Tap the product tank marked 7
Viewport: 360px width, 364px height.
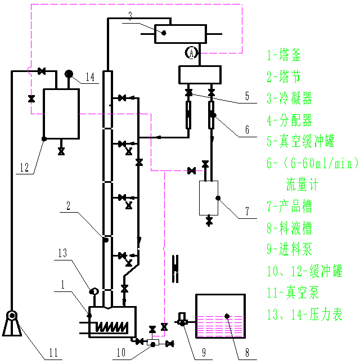(209, 197)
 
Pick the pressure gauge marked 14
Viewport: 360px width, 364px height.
(69, 74)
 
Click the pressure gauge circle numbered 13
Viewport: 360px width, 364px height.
(94, 291)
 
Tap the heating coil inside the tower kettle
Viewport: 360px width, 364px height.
(111, 325)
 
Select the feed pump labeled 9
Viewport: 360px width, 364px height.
(182, 321)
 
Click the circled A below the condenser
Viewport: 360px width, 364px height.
(192, 53)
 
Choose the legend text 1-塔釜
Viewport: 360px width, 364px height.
(284, 55)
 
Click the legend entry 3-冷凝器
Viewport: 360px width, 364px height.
(289, 99)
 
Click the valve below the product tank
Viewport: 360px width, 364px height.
(209, 220)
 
